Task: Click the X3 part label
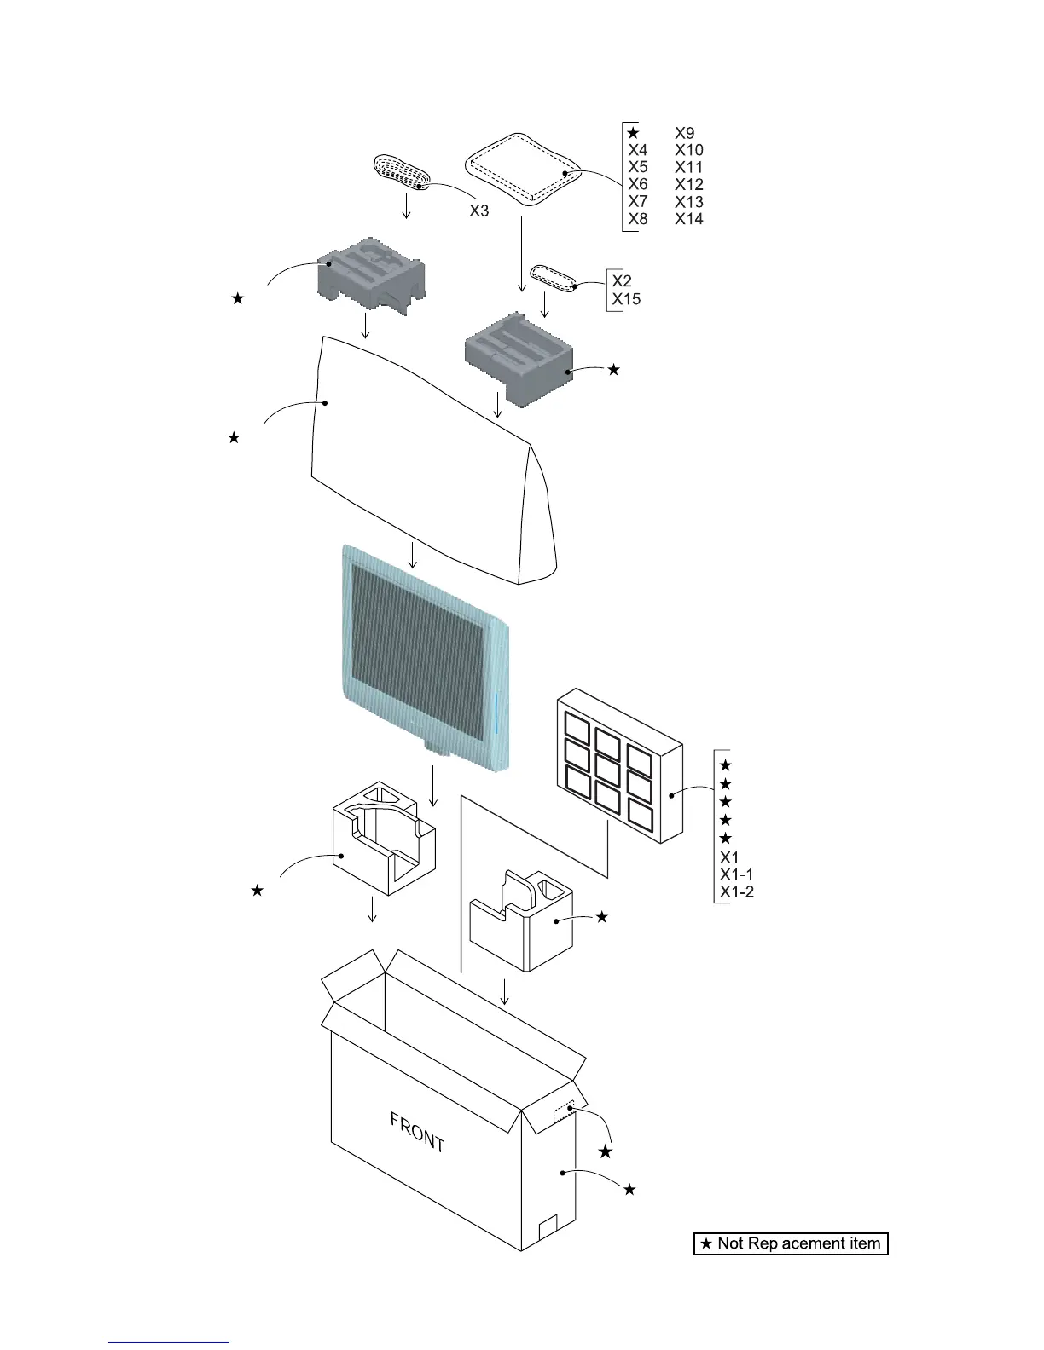coord(479,211)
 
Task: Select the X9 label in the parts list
coord(685,133)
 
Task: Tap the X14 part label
coord(689,219)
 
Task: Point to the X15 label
coord(626,299)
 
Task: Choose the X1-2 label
coord(737,892)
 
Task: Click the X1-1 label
coord(737,874)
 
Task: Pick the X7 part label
coord(638,201)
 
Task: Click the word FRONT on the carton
coord(418,1133)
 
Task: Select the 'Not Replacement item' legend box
coord(791,1243)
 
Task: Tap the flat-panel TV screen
coord(418,648)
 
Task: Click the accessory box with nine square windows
coord(618,767)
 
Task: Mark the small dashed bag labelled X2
coord(554,277)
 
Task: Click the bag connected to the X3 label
coord(402,170)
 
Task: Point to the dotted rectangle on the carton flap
coord(565,1112)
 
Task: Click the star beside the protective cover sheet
coord(234,437)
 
